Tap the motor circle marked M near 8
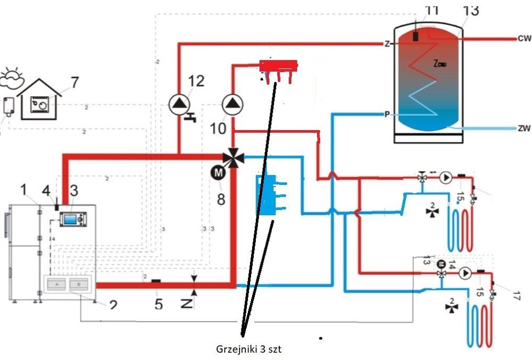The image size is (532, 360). point(219,172)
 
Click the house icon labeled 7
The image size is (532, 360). point(40,101)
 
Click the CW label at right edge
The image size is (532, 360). point(523,39)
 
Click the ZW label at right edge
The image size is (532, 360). point(523,128)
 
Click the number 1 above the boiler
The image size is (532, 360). point(23,188)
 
